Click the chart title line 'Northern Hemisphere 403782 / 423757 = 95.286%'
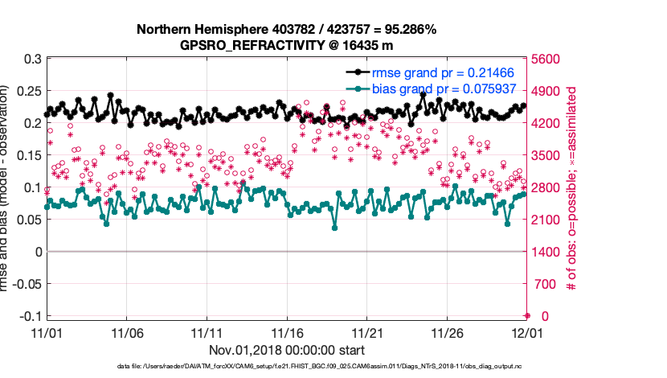(286, 30)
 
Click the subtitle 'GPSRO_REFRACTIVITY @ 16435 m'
(286, 45)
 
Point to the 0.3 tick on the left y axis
(32, 59)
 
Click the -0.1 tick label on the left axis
(29, 315)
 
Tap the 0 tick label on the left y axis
(37, 251)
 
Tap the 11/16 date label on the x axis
(287, 332)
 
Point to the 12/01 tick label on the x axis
(527, 332)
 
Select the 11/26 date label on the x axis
(448, 332)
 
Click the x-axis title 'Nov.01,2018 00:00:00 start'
(287, 350)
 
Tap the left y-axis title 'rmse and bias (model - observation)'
(10, 187)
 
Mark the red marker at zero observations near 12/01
(527, 315)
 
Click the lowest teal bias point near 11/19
(334, 228)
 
